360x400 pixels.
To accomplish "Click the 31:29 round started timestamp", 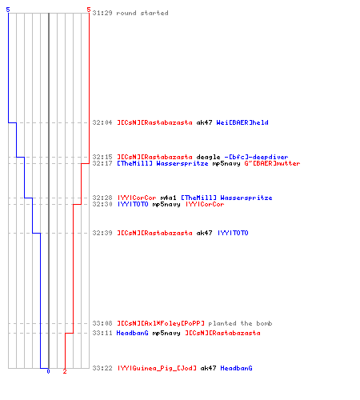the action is point(102,13).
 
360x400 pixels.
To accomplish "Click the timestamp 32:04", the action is point(102,122).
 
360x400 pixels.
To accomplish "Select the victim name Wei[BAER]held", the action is point(242,122).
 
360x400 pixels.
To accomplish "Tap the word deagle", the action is point(208,157).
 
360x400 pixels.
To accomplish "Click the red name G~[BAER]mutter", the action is point(272,163).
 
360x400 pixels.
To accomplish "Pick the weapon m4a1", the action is point(168,198).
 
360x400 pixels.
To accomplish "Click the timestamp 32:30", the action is point(102,204).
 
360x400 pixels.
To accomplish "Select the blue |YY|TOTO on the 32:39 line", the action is point(233,233).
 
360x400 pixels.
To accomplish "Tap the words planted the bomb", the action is point(240,323).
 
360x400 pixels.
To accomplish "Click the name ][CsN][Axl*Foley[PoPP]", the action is point(161,323).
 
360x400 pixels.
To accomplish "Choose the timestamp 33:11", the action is point(102,333).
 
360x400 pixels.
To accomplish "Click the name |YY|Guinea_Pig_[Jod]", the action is point(157,368).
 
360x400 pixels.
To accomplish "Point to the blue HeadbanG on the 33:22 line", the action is point(236,368).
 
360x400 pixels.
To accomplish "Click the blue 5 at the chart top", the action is point(8,10).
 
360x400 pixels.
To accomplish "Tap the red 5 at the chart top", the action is point(89,10).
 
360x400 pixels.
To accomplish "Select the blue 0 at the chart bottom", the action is point(48,371).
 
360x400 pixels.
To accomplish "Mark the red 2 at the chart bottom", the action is point(65,371).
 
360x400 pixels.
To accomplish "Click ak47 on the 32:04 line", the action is point(204,122).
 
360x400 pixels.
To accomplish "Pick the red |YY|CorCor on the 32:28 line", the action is point(137,198).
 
